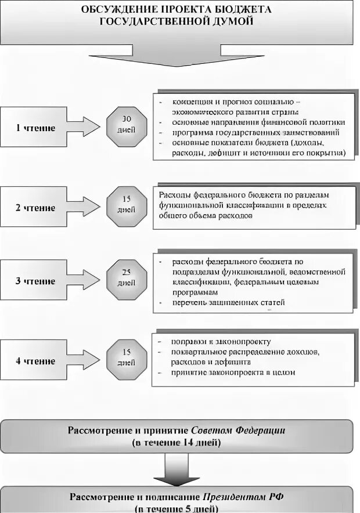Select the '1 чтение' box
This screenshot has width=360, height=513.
coord(36,128)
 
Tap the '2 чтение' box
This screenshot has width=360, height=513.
coord(36,207)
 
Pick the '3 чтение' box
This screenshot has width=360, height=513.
coord(36,281)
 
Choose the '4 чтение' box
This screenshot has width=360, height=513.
coord(36,361)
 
